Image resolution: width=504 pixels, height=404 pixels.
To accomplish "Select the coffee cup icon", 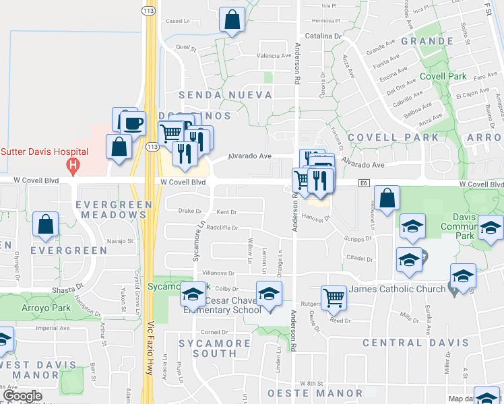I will point(133,124).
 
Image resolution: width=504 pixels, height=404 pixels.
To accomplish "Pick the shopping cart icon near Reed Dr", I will point(334,298).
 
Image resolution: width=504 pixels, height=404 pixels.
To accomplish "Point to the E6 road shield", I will point(365,182).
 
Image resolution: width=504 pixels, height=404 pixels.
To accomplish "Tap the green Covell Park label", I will point(443,77).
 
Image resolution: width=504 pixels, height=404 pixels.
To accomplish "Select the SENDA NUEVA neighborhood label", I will point(225,95).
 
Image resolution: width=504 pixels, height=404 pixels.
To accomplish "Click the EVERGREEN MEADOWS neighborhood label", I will point(111,209).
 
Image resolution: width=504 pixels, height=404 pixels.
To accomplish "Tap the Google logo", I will point(23,397).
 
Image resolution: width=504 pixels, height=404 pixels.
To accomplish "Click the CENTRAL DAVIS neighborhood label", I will point(415,342).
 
